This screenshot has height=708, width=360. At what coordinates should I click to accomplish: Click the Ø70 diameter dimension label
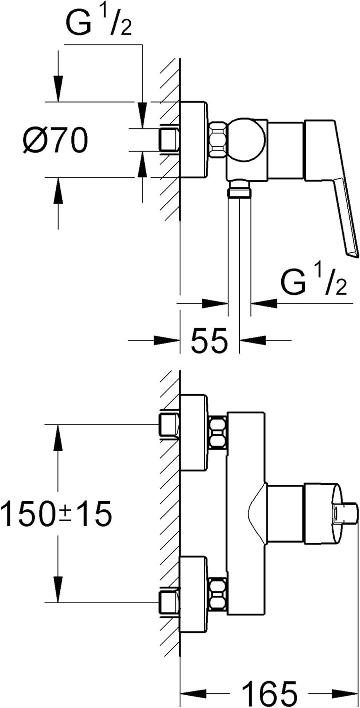[55, 140]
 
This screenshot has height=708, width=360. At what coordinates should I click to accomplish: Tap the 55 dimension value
[209, 340]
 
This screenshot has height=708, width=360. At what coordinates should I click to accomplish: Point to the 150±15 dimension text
[57, 514]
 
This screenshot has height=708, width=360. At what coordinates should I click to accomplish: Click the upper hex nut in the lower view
[218, 432]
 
